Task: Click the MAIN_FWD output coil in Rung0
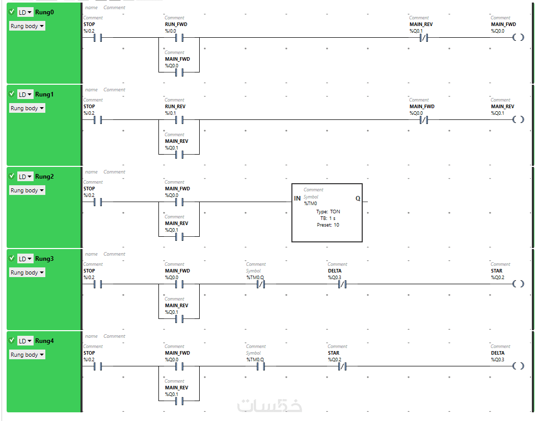click(518, 37)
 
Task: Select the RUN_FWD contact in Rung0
click(179, 37)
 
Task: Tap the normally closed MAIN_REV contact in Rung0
click(423, 37)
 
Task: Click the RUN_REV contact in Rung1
click(179, 119)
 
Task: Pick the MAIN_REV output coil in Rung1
click(518, 119)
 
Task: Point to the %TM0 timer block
click(327, 212)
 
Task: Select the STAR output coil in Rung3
click(518, 284)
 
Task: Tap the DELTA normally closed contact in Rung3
click(342, 284)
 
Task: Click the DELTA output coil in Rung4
click(518, 366)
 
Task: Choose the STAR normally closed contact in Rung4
click(342, 366)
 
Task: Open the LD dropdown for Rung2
click(25, 177)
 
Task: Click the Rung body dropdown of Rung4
click(27, 355)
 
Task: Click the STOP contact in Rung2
click(97, 202)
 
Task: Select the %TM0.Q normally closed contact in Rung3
click(260, 284)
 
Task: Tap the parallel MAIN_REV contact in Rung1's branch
click(179, 154)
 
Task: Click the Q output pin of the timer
click(358, 199)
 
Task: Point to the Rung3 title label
click(44, 259)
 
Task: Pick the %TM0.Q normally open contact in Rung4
click(260, 366)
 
